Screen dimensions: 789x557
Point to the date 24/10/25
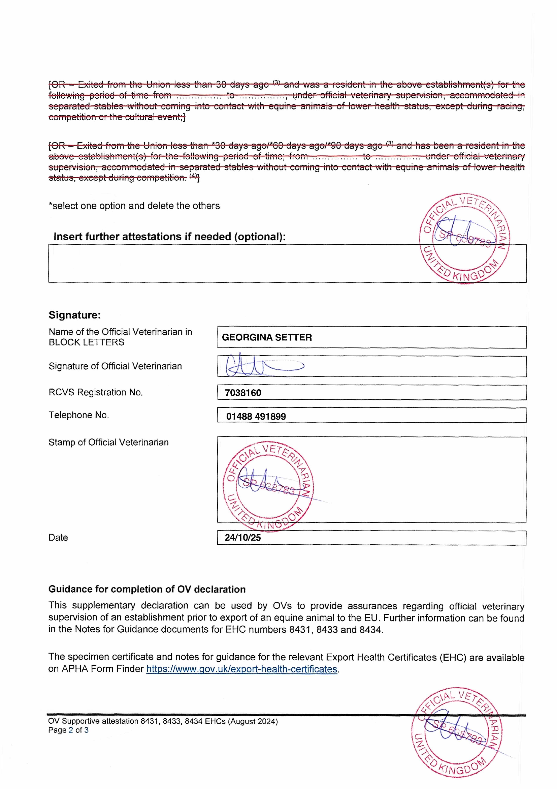[x=243, y=537]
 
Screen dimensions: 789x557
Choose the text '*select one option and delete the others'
[x=134, y=206]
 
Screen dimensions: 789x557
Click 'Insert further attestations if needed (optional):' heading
[x=170, y=237]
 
